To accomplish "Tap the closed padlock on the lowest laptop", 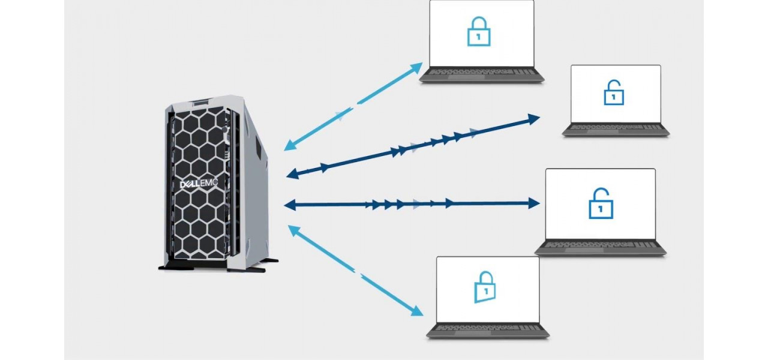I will coord(485,286).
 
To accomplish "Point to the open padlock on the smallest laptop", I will coord(613,92).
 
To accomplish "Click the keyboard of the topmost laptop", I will coord(482,74).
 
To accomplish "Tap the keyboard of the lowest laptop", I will coord(488,329).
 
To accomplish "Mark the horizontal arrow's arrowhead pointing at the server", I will coord(290,205).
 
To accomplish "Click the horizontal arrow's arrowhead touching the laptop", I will coord(533,203).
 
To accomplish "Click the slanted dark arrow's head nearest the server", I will coord(293,174).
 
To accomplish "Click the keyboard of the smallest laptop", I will coord(616,129).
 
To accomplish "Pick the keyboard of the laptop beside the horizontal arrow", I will coord(600,246).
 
